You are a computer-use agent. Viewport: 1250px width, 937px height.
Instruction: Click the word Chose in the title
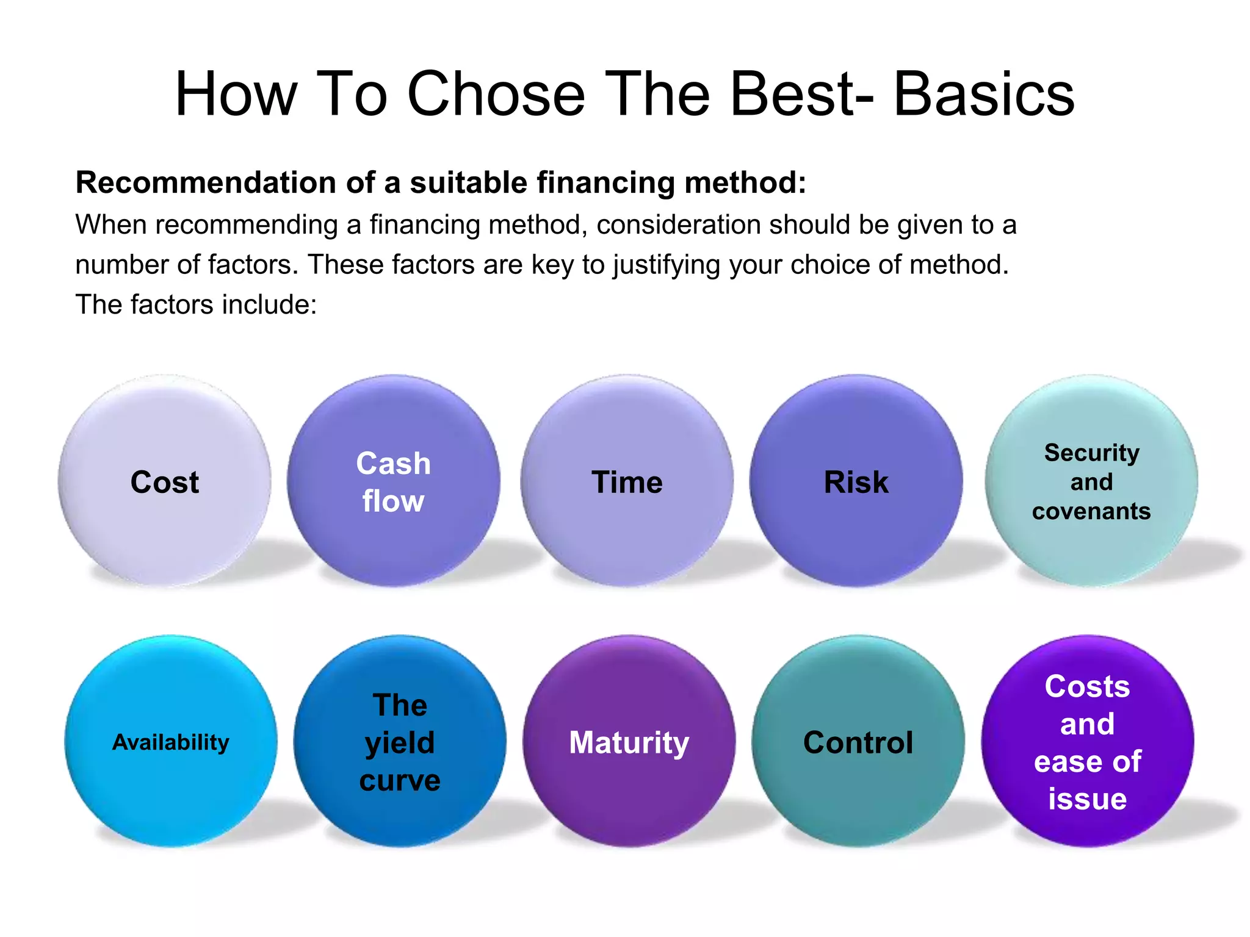[x=496, y=95]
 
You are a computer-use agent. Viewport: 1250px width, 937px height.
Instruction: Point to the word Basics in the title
[x=984, y=95]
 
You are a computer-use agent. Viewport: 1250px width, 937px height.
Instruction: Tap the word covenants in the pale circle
[x=1091, y=511]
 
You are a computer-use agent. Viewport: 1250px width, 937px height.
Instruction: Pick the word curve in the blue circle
[x=400, y=781]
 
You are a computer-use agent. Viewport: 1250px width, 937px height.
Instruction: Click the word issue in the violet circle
[x=1088, y=799]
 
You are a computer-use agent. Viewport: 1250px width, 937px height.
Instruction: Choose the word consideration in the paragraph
[x=678, y=224]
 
